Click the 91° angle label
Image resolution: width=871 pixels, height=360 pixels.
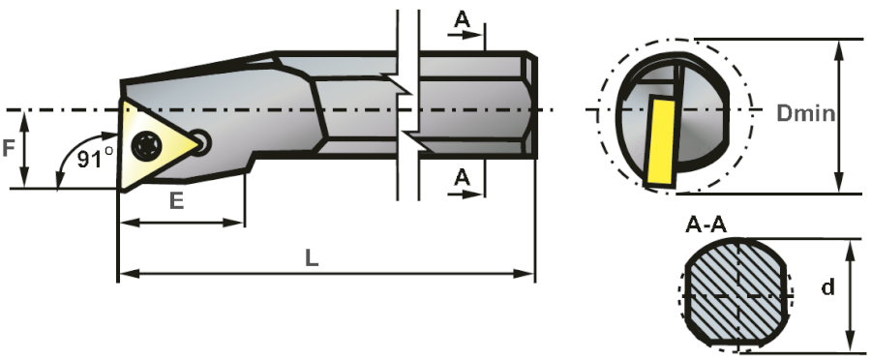95,158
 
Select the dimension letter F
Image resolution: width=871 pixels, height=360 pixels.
9,149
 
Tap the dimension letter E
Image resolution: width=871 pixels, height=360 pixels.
177,201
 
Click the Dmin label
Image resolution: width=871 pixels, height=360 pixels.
806,113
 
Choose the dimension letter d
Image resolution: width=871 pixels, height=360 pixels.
827,288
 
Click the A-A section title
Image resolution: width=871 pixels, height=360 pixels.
706,226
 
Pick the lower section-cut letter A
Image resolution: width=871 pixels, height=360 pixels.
462,176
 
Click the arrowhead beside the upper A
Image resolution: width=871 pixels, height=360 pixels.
478,36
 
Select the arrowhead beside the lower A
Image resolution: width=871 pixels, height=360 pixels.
478,193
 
